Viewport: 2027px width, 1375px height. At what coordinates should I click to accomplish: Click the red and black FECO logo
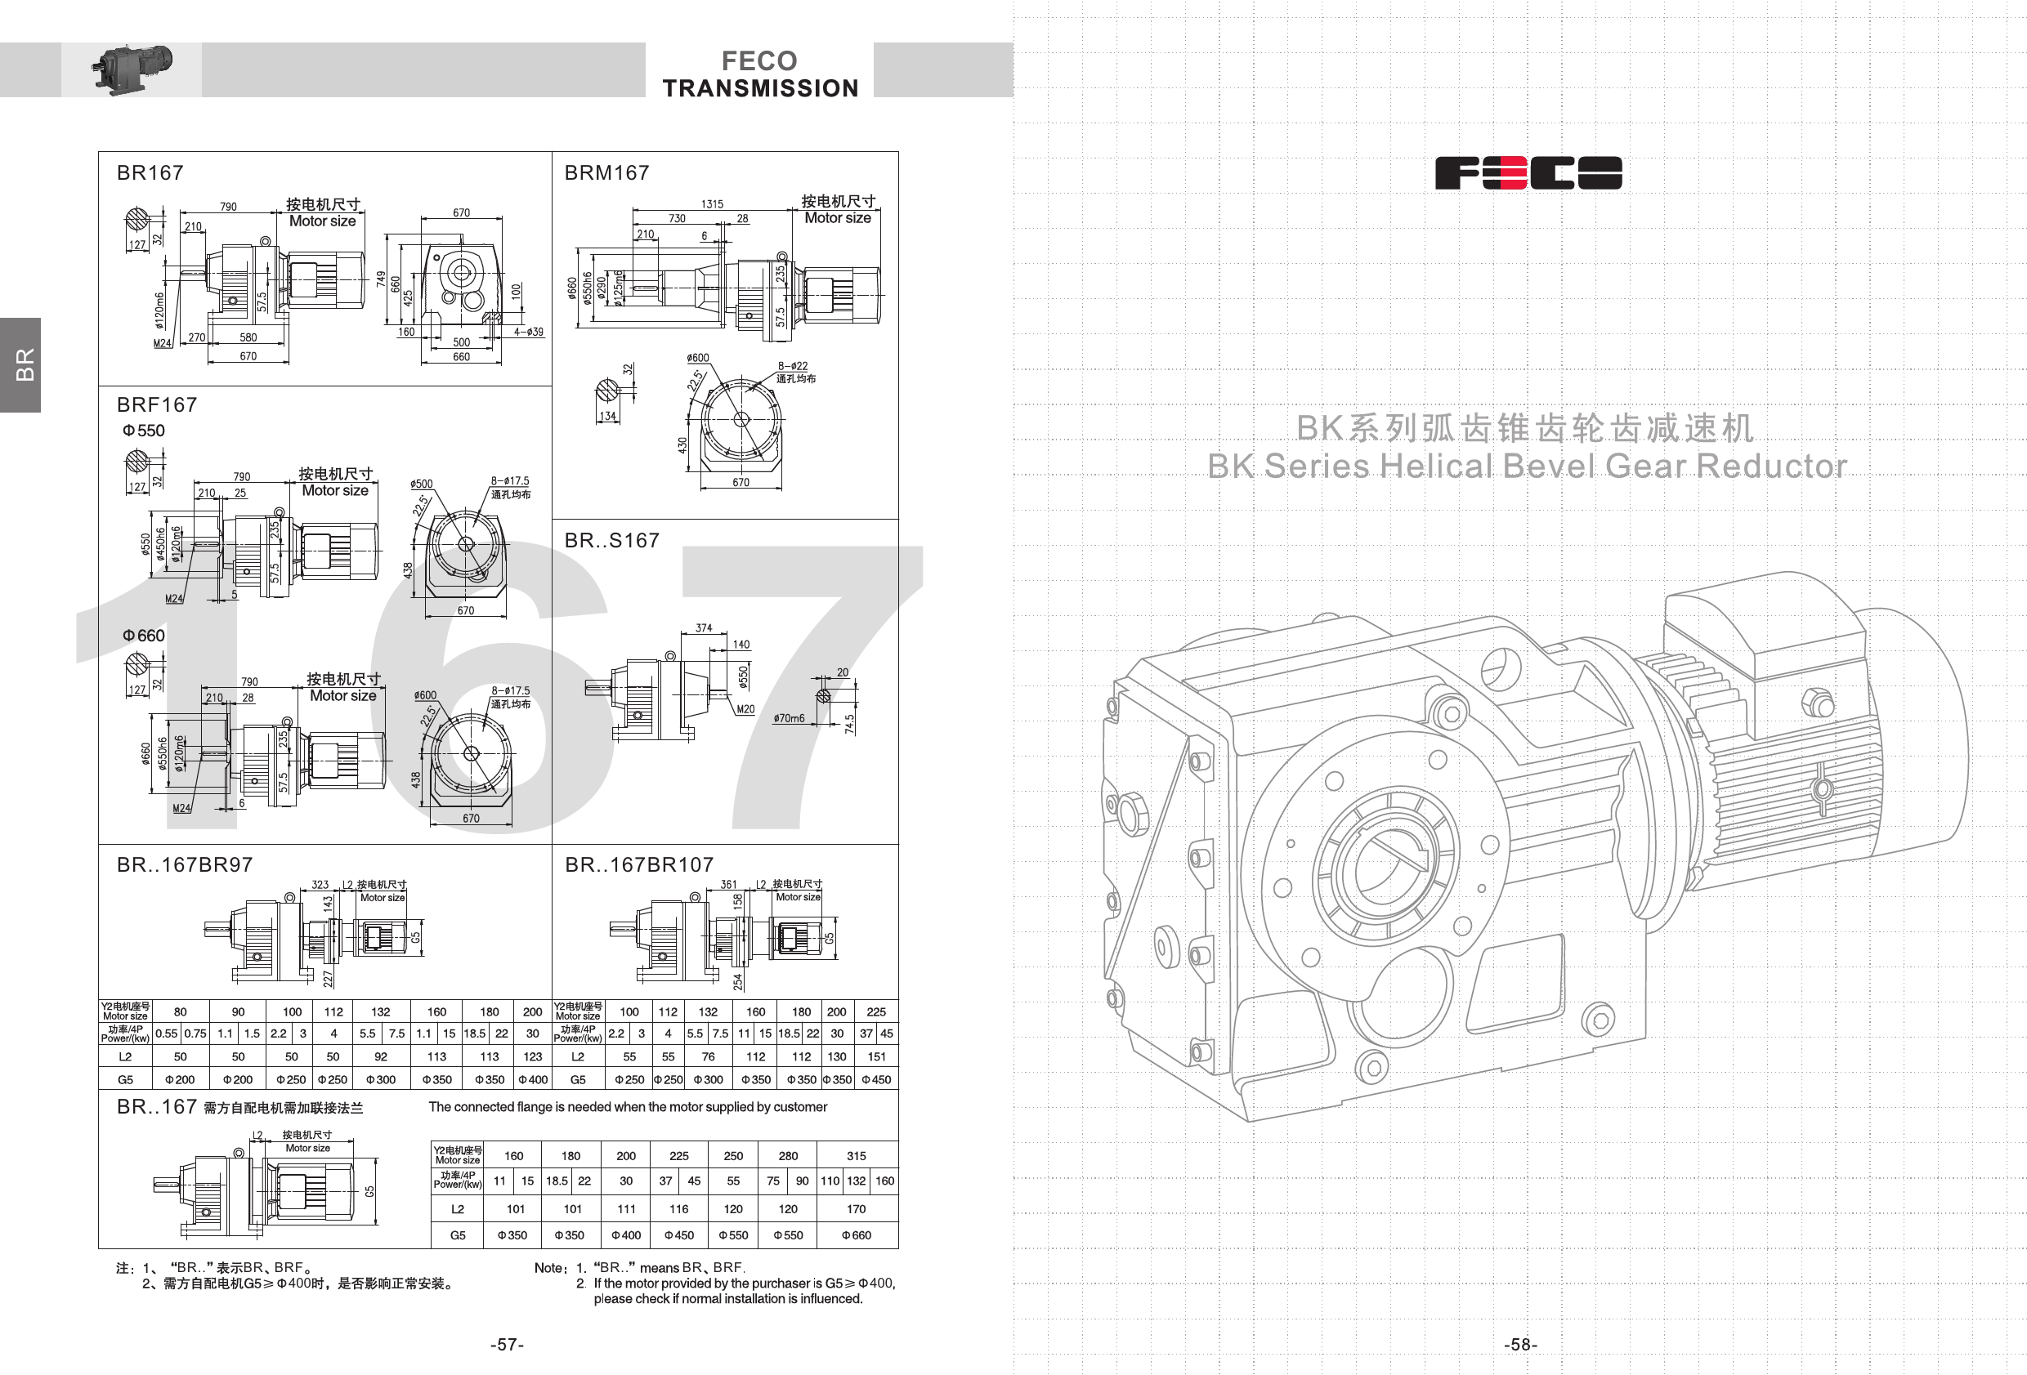pos(1528,172)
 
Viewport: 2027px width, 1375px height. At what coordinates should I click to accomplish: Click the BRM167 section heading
pos(607,172)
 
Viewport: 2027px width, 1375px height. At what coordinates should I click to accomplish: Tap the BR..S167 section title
pos(611,541)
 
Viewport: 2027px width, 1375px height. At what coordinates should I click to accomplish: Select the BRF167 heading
pos(157,404)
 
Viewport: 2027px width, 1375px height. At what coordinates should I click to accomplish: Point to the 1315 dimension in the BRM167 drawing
pos(712,204)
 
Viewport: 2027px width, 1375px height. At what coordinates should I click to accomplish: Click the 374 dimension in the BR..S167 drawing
pos(704,627)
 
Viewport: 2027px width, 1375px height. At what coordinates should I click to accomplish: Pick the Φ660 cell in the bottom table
pos(856,1234)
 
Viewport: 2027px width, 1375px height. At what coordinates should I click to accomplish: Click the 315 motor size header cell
pos(856,1155)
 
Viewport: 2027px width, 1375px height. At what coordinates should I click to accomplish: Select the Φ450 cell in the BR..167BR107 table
pos(875,1079)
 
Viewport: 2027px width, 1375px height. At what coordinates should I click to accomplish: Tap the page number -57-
pos(507,1345)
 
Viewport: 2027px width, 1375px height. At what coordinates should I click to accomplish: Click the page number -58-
pos(1520,1345)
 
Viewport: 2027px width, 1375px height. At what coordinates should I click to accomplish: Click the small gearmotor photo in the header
pos(132,68)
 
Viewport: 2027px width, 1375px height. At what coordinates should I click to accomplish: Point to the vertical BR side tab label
pos(25,364)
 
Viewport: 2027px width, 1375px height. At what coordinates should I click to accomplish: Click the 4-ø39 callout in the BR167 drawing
pos(529,332)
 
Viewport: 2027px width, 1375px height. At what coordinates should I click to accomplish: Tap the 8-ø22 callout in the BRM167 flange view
pos(793,366)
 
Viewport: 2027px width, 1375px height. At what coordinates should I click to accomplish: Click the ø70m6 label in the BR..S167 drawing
pos(789,718)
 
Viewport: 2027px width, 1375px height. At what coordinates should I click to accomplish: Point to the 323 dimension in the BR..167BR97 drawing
pos(320,884)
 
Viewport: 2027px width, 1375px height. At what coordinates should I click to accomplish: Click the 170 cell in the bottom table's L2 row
pos(856,1208)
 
